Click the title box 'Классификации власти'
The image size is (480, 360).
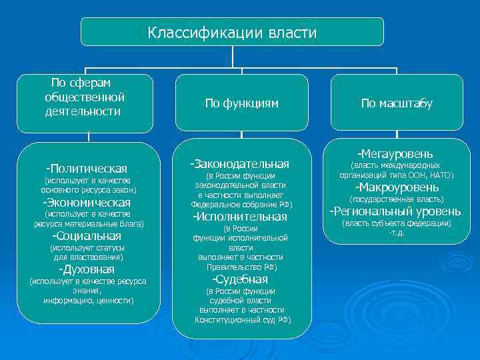(x=232, y=32)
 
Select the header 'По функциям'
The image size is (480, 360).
(x=241, y=103)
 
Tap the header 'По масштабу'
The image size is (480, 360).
(x=397, y=103)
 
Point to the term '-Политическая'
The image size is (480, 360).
(x=87, y=169)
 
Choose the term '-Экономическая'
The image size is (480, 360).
(x=87, y=203)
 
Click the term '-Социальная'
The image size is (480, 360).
(x=87, y=236)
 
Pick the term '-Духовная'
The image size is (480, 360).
(x=87, y=269)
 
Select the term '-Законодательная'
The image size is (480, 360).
(x=239, y=163)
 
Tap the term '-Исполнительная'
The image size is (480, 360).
(x=239, y=217)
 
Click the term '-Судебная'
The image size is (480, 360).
(x=239, y=279)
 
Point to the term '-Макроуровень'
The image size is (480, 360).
(x=396, y=187)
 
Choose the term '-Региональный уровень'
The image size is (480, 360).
(x=396, y=211)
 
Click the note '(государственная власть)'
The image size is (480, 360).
(x=396, y=199)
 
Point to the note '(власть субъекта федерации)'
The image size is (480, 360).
(x=396, y=223)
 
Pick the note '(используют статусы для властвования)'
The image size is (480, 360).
(x=87, y=252)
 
